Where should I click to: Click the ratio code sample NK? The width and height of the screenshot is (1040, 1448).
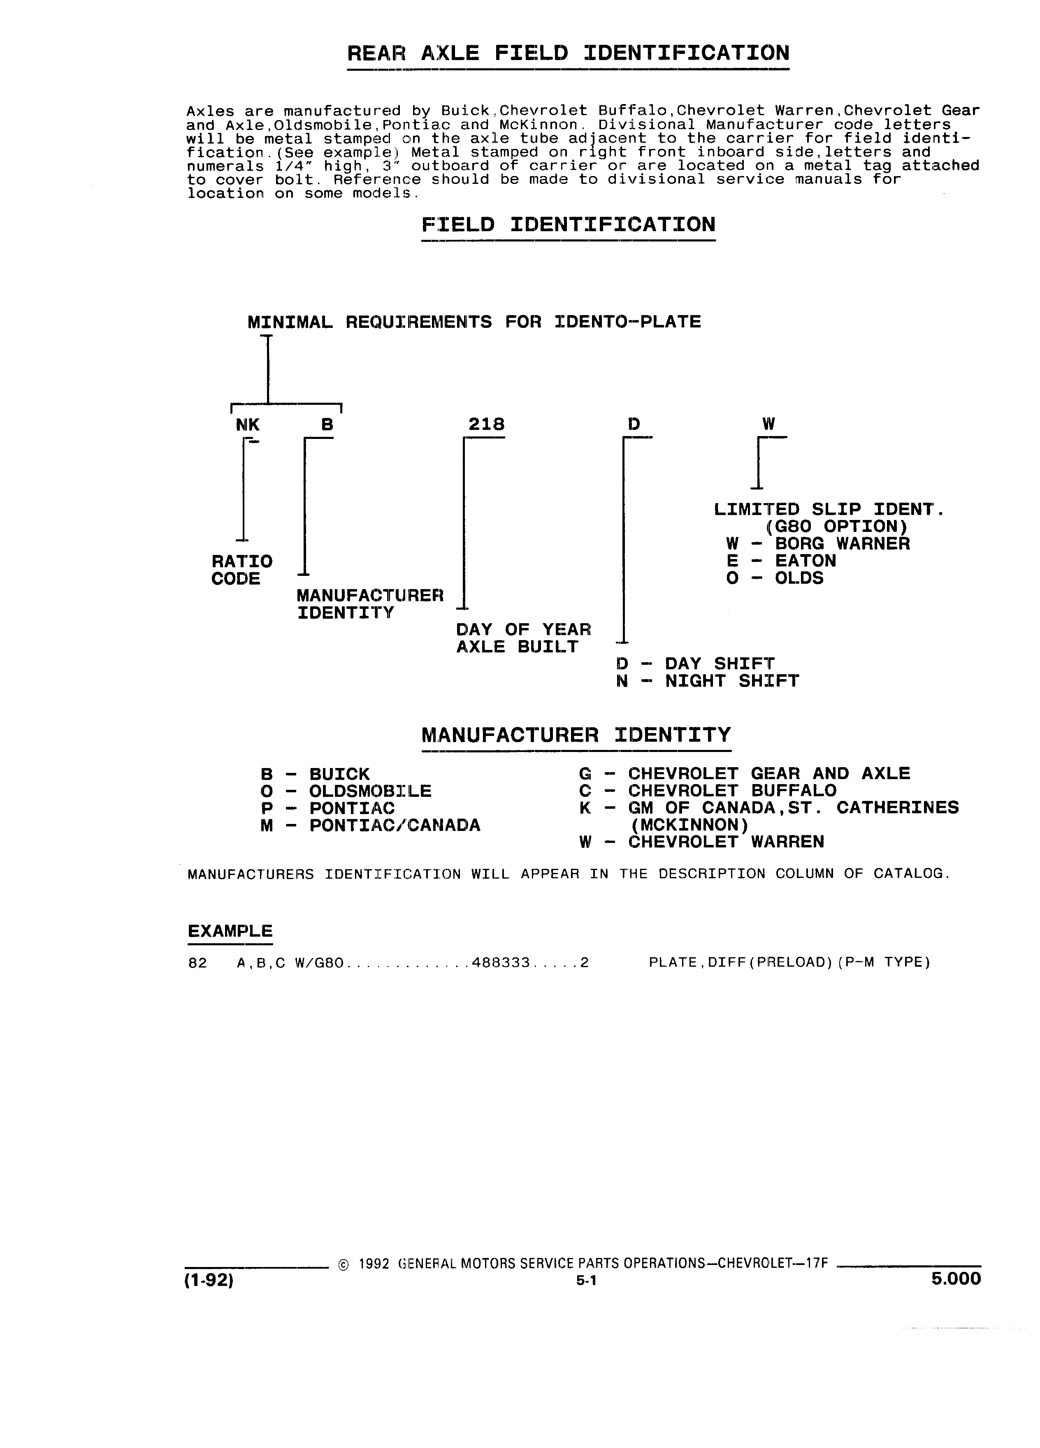tap(248, 424)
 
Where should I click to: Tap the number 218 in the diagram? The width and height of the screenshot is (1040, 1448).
tap(487, 424)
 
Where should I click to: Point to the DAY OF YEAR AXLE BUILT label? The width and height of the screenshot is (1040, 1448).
tap(524, 638)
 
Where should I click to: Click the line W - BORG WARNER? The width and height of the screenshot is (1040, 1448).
tap(818, 544)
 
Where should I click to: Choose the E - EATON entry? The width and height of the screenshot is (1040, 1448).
tap(781, 561)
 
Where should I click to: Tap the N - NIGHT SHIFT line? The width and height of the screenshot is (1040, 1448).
tap(707, 681)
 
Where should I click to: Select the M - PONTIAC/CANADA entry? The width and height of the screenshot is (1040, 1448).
tap(370, 826)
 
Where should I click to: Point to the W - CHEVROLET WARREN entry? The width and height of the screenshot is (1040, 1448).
tap(702, 842)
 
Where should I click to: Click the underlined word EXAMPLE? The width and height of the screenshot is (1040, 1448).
tap(230, 931)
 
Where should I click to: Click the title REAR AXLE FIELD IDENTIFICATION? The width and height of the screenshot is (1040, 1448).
tap(568, 52)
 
